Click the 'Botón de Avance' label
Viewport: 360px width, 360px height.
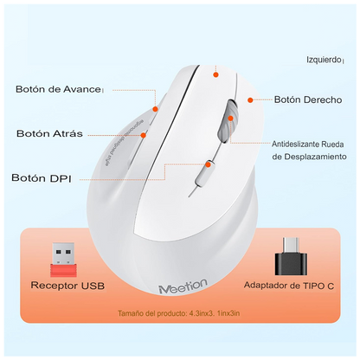59,88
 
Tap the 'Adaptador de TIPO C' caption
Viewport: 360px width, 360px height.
288,284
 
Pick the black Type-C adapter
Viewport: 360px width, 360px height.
288,253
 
